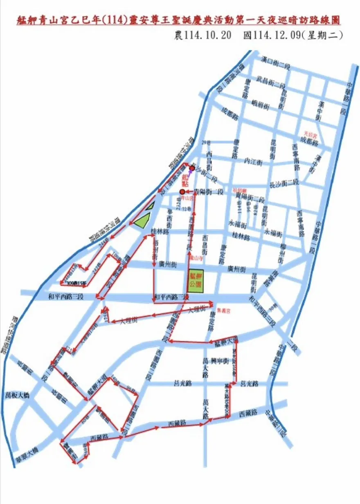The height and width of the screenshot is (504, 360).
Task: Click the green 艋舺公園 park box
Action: (x=196, y=281)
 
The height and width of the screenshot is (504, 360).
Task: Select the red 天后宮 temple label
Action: (x=310, y=133)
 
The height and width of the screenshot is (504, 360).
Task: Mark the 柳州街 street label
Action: (x=281, y=254)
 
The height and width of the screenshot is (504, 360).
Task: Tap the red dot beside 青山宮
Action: (x=182, y=191)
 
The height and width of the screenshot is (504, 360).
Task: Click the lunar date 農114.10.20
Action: (x=203, y=35)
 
